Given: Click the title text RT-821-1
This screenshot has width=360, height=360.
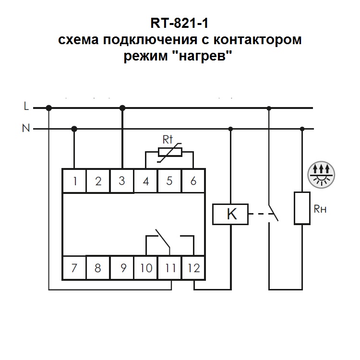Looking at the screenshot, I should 180,24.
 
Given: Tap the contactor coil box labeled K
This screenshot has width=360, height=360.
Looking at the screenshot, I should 231,214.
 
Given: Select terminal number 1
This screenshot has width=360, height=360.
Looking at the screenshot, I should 74,181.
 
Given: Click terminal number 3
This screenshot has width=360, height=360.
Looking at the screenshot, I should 122,181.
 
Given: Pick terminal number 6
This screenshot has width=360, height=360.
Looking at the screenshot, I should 193,181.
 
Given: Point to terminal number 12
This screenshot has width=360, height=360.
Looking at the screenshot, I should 194,268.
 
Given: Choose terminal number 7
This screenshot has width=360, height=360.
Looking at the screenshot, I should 74,268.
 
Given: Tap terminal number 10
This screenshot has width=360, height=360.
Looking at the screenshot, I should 146,268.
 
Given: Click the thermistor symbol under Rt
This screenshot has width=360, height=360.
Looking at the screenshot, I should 169,153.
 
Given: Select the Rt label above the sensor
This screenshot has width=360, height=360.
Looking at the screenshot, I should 168,140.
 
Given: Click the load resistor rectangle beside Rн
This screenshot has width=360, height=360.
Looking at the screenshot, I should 302,208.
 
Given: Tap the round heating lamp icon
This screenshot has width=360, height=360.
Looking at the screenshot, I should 320,172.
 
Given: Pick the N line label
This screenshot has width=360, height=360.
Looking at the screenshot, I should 26,128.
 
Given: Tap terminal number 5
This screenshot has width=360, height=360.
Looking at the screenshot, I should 169,181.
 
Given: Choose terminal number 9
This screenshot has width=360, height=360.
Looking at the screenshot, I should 122,268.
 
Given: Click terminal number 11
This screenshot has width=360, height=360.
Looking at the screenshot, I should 169,268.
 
